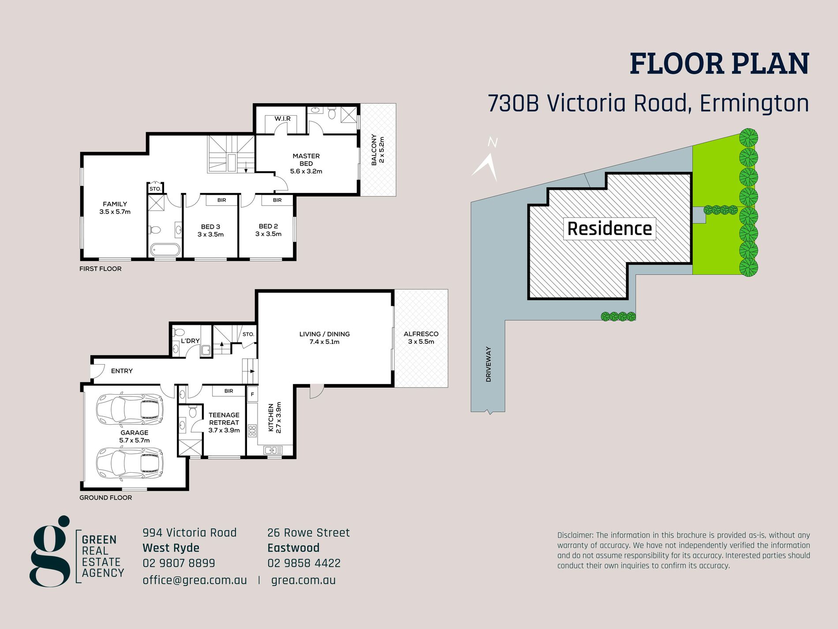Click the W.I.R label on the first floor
tap(282, 119)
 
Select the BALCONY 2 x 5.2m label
tap(378, 150)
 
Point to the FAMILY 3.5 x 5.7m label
tap(115, 208)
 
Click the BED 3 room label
tap(210, 230)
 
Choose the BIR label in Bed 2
tap(277, 200)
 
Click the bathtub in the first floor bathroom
tap(165, 250)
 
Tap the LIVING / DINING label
tap(324, 338)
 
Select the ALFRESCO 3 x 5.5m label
tap(421, 338)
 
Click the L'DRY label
tap(190, 341)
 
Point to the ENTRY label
tap(122, 371)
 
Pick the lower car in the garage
tap(130, 464)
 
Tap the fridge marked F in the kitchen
tap(252, 394)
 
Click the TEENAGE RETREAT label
tap(224, 422)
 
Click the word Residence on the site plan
tap(610, 229)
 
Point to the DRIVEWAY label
tap(488, 364)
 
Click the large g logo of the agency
tap(50, 551)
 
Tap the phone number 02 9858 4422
tap(304, 563)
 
